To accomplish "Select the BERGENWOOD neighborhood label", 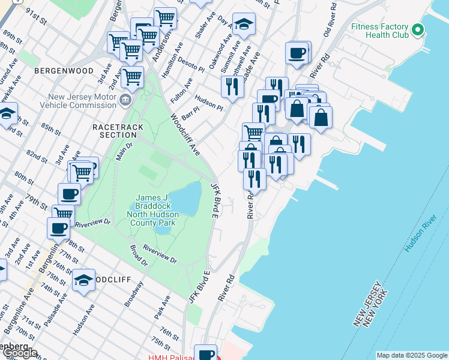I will (64, 71).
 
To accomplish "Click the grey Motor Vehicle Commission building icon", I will (125, 99).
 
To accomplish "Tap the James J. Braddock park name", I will (155, 210).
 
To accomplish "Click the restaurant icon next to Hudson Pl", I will (232, 86).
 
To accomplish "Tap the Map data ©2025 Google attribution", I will (412, 355).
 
